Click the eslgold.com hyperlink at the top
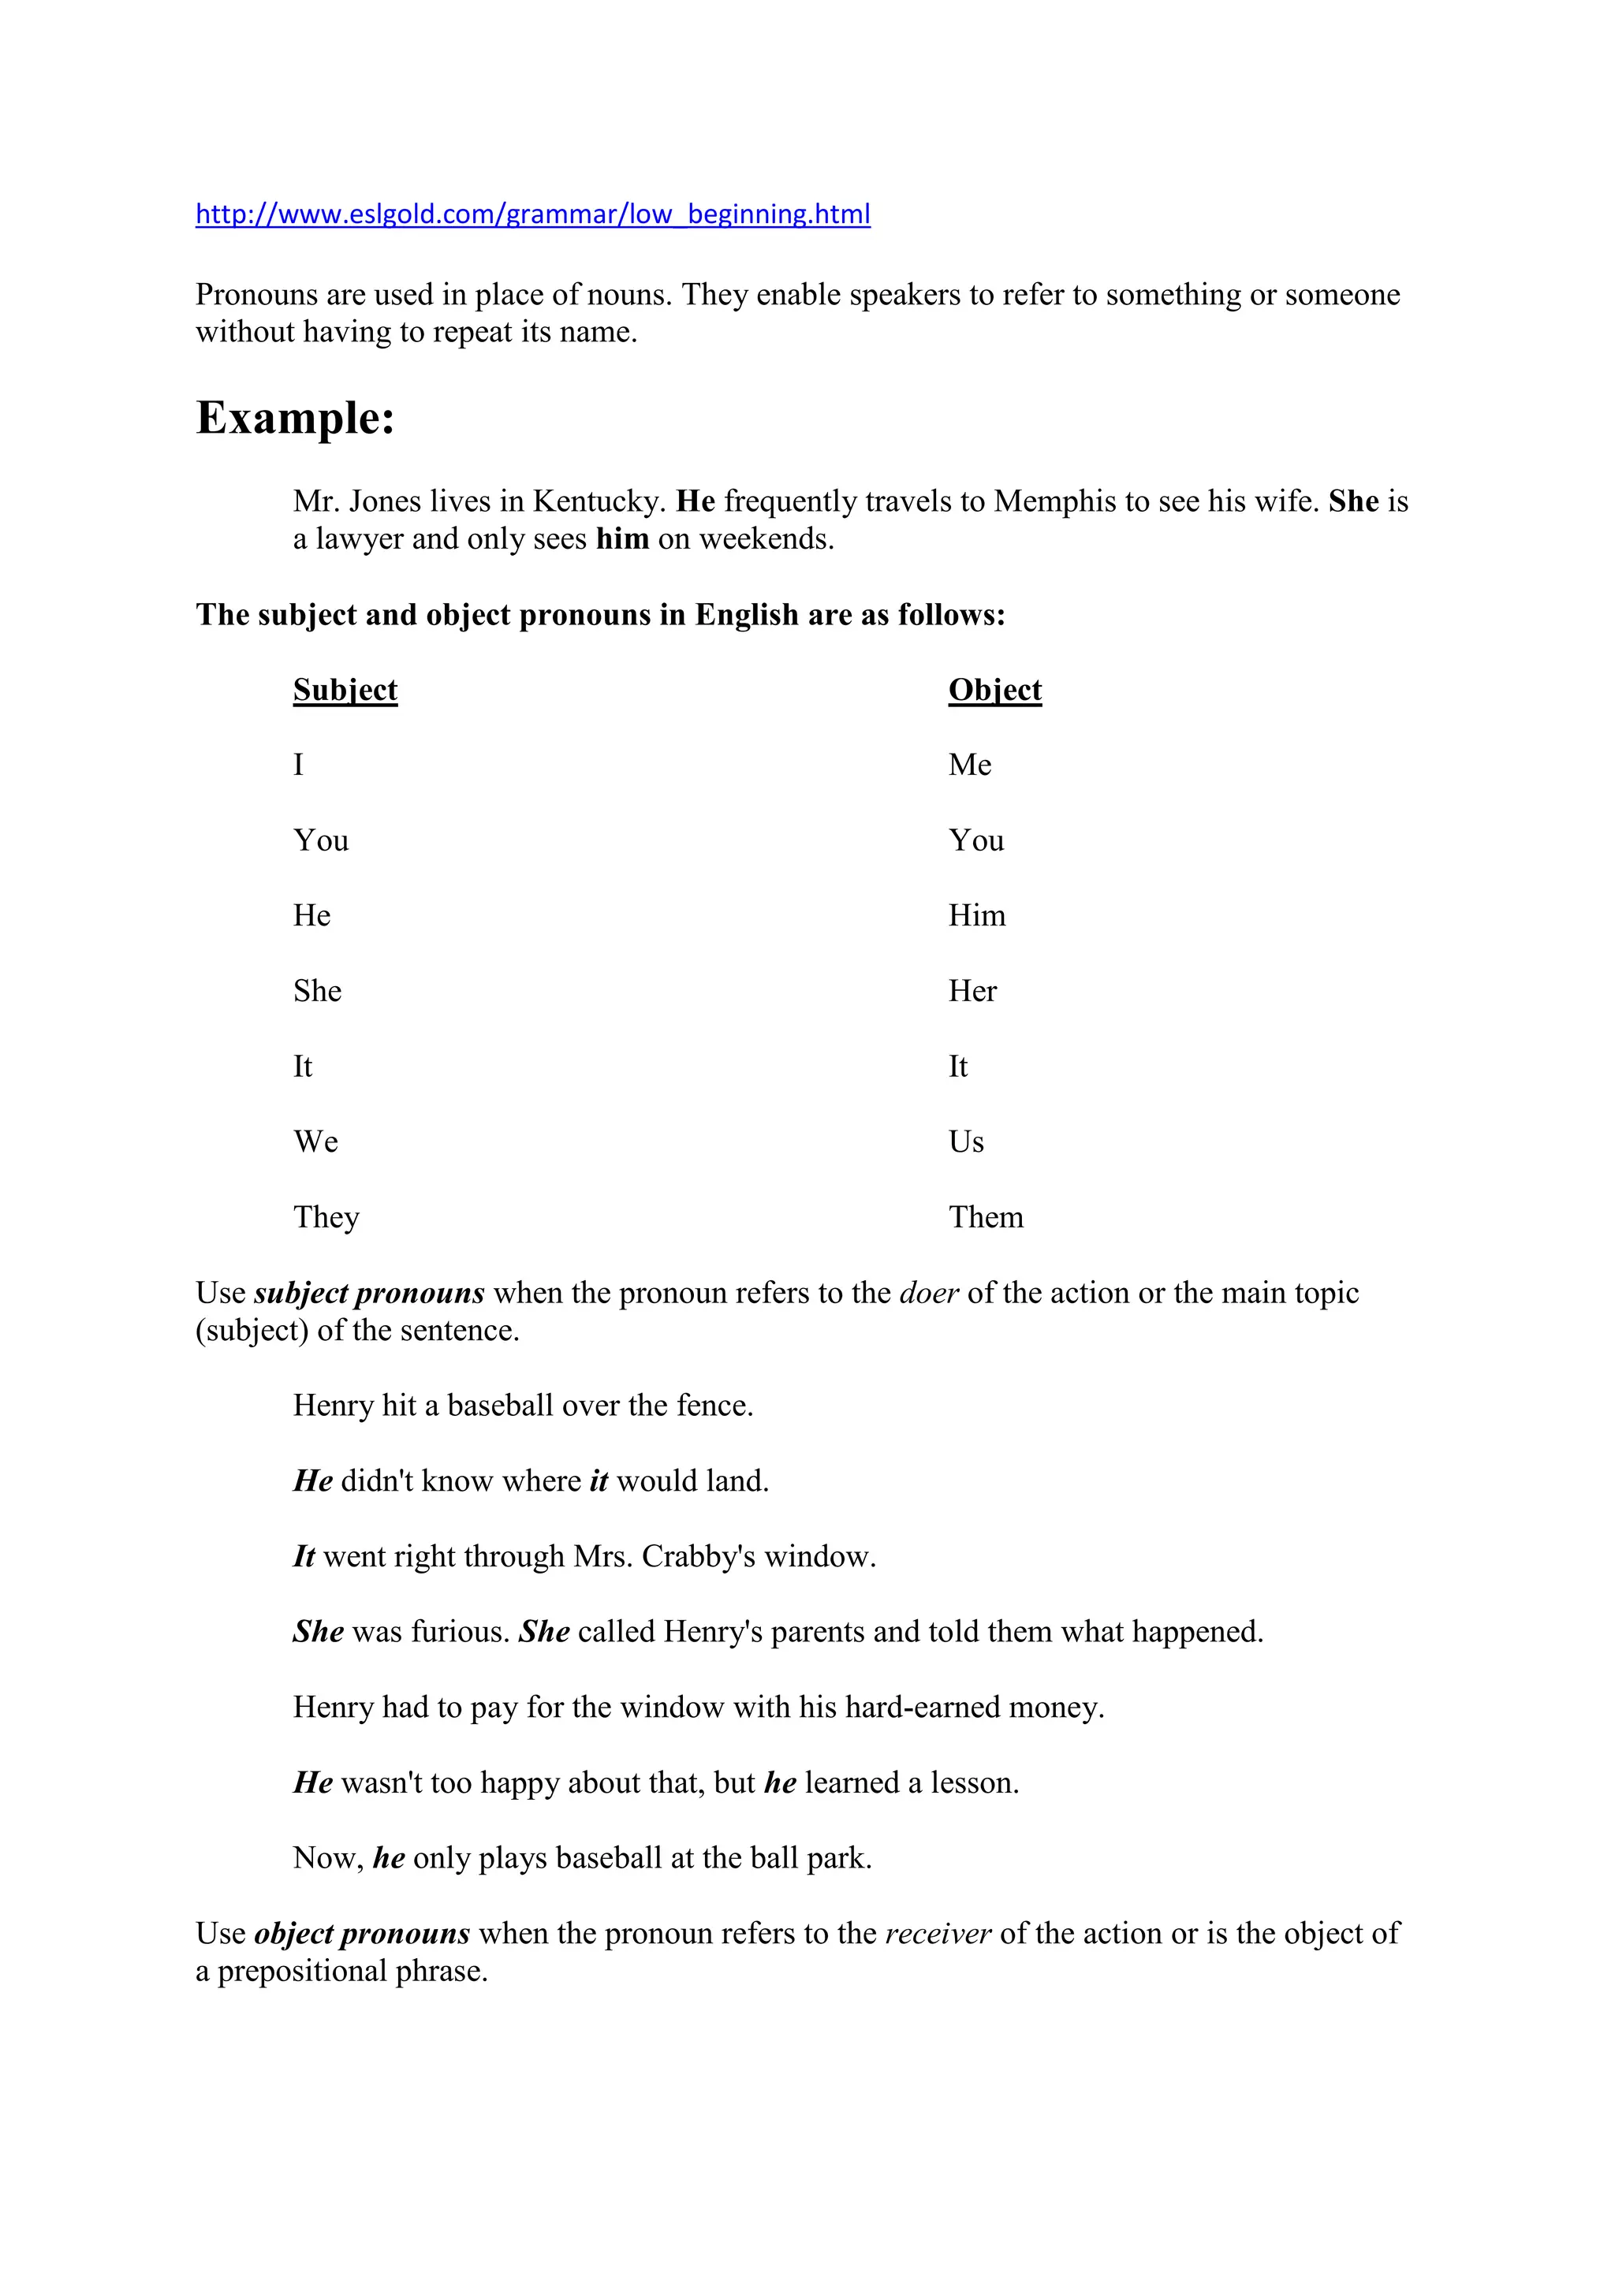(532, 214)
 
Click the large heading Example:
(296, 418)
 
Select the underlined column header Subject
(345, 690)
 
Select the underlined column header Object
(994, 690)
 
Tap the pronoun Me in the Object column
(970, 765)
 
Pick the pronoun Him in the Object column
(976, 916)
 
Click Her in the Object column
(972, 992)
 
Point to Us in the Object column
(966, 1142)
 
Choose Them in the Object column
(986, 1218)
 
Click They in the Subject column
(326, 1218)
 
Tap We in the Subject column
(315, 1142)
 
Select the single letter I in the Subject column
(298, 765)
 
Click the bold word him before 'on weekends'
(622, 540)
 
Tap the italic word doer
(929, 1294)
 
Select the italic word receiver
(938, 1934)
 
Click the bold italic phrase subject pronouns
(369, 1294)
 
